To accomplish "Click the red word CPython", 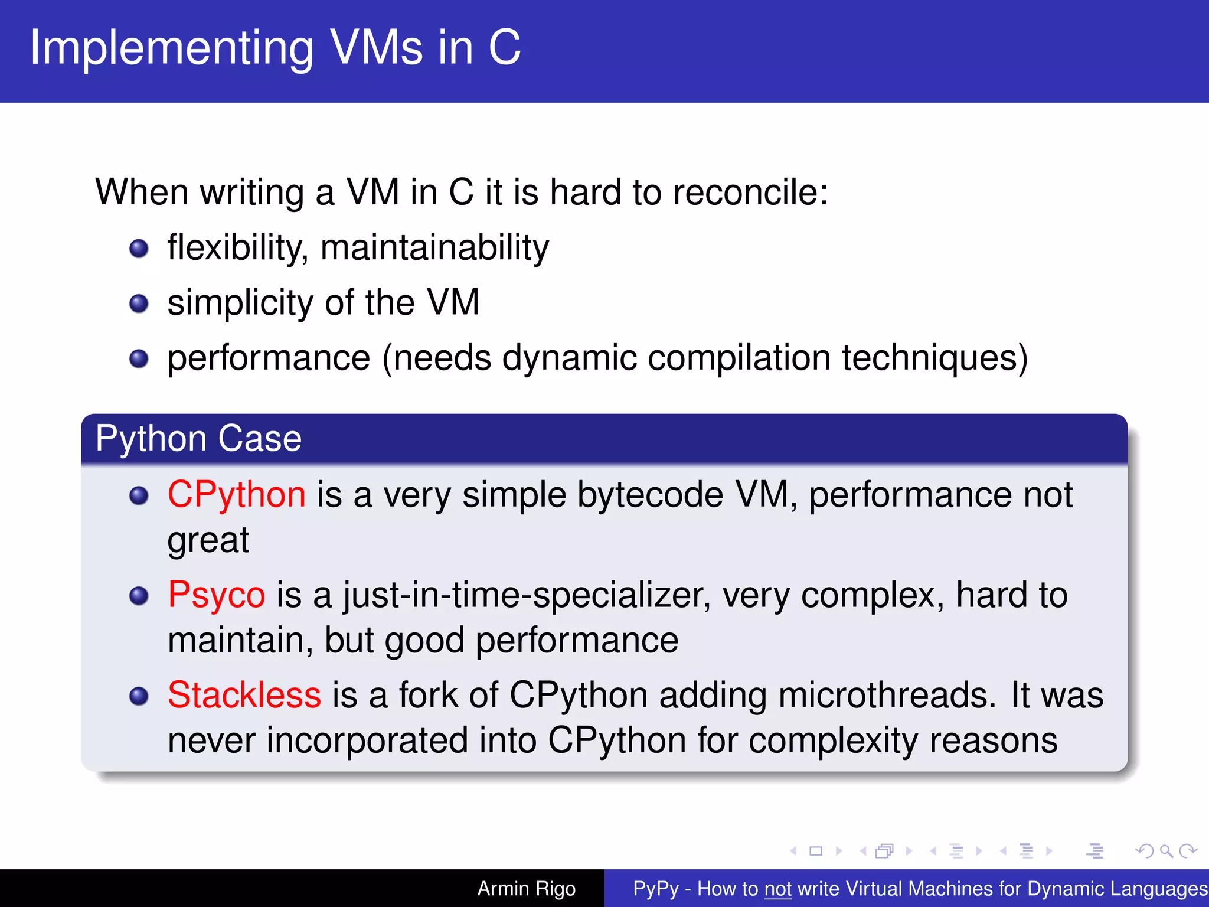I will [x=236, y=495].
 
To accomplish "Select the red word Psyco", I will [x=216, y=595].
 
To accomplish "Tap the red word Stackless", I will [x=244, y=695].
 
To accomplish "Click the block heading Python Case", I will [x=198, y=439].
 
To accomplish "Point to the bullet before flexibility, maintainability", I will [x=139, y=249].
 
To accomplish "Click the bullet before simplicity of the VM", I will [x=139, y=304].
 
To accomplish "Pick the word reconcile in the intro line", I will [x=750, y=193].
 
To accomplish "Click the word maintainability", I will [x=434, y=248].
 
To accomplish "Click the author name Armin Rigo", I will [x=526, y=889].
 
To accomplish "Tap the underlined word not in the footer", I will [x=777, y=889].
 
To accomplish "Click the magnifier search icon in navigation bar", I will [x=1166, y=851].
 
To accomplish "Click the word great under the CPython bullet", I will [x=208, y=540].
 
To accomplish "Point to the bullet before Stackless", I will [x=139, y=696].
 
